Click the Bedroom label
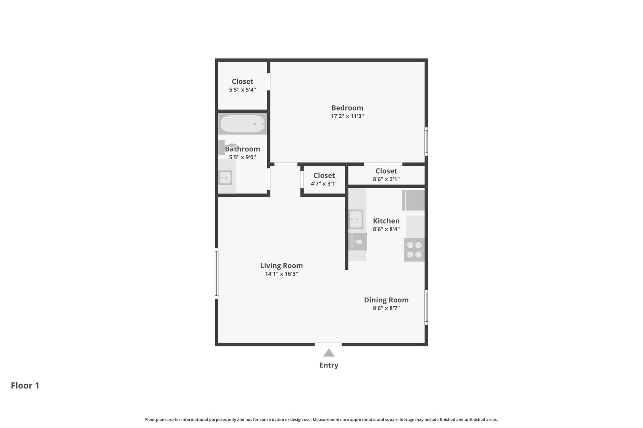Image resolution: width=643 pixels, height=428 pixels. (347, 108)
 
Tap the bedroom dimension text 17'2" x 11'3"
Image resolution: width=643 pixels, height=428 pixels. (347, 116)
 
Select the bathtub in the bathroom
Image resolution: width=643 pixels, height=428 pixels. (243, 124)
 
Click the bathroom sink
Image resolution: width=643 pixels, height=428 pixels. (225, 178)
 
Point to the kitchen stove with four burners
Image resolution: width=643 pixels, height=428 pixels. (414, 250)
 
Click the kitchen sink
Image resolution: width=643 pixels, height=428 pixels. (356, 219)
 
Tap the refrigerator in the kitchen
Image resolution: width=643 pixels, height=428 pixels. (413, 200)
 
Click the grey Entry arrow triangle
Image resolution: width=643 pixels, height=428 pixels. (329, 353)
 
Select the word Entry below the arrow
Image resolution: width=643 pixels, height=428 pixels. (329, 365)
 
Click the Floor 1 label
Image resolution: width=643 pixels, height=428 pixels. (25, 386)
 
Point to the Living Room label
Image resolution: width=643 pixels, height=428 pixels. (281, 266)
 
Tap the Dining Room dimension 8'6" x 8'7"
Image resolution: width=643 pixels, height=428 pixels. (386, 308)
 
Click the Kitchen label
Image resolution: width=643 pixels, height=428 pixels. (386, 221)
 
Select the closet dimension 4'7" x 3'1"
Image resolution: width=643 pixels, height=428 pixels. (324, 184)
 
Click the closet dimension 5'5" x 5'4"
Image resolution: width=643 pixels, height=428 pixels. (243, 90)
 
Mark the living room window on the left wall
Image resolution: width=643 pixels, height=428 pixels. (216, 273)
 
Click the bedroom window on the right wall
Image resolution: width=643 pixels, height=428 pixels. (426, 141)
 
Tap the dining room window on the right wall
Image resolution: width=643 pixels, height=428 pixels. (426, 307)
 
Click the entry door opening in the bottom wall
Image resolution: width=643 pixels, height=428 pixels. (328, 344)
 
